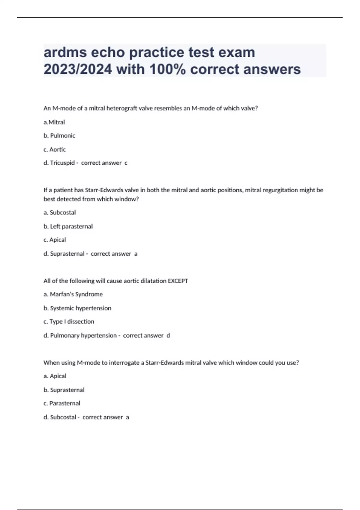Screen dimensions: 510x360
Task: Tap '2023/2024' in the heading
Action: [78, 69]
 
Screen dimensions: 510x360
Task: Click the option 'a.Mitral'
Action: [54, 122]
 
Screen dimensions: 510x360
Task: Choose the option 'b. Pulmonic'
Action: [59, 136]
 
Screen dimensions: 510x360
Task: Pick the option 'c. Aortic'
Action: [55, 149]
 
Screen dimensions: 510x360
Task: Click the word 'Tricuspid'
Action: [62, 163]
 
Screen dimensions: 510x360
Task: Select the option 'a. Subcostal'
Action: [60, 212]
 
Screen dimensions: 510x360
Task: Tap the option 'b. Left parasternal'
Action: [68, 226]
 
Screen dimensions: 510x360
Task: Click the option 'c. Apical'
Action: [55, 240]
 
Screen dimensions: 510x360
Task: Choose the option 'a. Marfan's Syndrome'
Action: [73, 294]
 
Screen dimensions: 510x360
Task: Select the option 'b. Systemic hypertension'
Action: [77, 308]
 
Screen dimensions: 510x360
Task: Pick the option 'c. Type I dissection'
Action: [69, 322]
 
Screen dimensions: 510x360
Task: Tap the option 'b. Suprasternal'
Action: [64, 390]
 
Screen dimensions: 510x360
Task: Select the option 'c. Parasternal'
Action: [62, 403]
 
